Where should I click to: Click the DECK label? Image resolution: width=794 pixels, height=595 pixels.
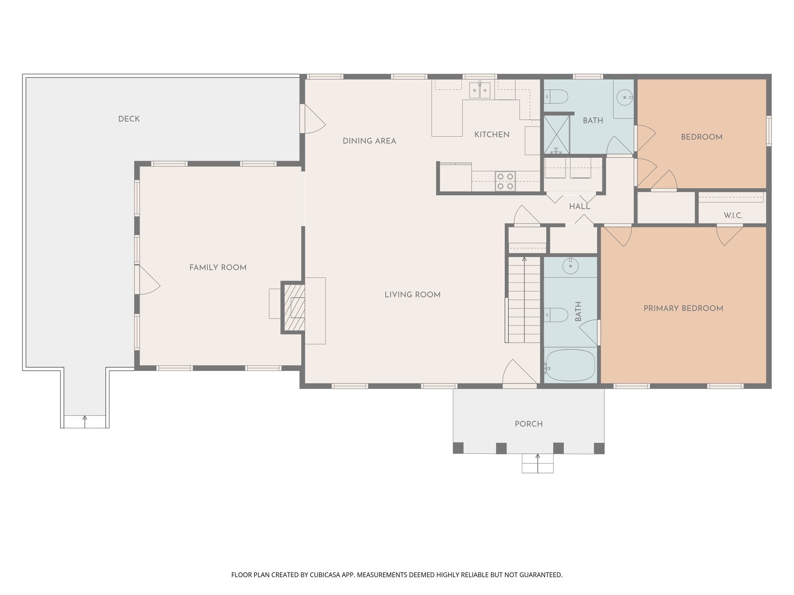click(x=129, y=119)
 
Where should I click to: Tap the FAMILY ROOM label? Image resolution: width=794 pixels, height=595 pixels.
click(x=217, y=267)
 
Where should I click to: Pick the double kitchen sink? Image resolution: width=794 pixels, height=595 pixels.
click(x=480, y=90)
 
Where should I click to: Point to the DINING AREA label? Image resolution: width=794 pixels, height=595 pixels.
click(x=369, y=141)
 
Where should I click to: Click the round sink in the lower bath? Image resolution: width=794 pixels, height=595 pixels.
click(x=570, y=267)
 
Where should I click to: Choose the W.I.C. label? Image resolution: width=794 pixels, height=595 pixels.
click(x=733, y=215)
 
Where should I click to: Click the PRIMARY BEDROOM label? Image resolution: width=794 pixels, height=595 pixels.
click(x=683, y=308)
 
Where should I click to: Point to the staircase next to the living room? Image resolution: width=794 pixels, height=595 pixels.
click(x=524, y=300)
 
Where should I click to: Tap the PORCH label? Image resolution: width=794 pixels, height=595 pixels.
click(x=528, y=424)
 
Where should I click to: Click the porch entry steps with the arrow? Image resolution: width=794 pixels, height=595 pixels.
click(x=537, y=463)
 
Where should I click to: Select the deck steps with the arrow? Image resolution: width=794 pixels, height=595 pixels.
click(x=85, y=421)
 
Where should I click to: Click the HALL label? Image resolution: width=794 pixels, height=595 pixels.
click(x=579, y=207)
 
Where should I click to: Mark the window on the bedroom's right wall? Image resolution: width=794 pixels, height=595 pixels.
click(x=768, y=131)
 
